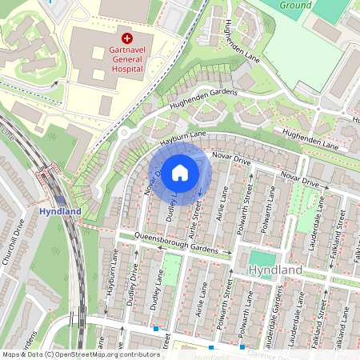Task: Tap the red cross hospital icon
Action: click(126, 38)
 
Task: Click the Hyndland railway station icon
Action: click(60, 200)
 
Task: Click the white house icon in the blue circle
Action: click(180, 173)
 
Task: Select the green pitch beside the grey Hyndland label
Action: click(261, 258)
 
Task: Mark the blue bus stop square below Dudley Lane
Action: click(155, 328)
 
